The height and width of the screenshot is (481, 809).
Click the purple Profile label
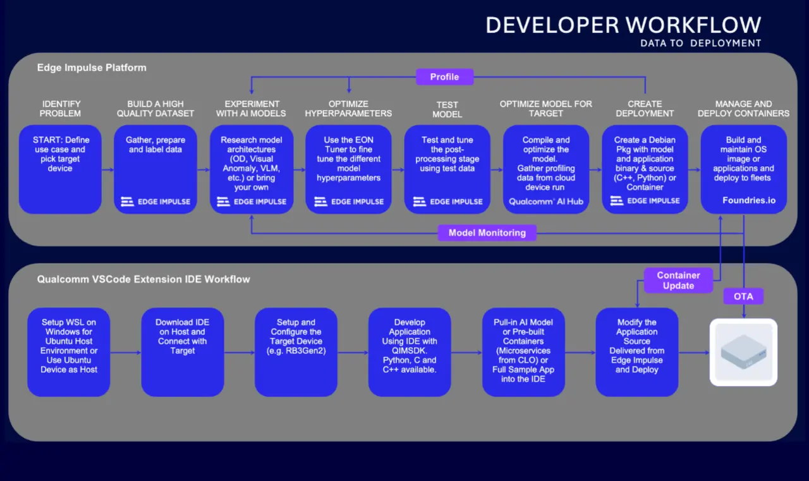tap(444, 77)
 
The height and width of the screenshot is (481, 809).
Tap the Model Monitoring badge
tap(487, 233)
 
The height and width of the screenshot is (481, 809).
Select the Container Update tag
tap(678, 280)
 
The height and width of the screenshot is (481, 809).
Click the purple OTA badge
tap(743, 296)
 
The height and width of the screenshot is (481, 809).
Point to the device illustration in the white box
tap(743, 352)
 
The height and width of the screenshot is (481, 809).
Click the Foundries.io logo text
tap(749, 200)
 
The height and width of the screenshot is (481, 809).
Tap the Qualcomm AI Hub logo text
tap(545, 202)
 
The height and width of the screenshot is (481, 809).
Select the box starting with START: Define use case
tap(60, 169)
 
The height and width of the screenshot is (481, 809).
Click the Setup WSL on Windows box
tap(69, 352)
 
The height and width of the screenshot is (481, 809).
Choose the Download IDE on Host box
tap(183, 352)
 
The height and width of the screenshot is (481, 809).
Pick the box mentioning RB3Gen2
tap(296, 352)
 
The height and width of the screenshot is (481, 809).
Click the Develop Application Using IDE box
tap(410, 352)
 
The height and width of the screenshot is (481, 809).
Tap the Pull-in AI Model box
tap(523, 352)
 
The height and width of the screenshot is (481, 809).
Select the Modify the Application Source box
tap(636, 352)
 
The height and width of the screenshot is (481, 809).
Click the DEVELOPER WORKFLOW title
tap(623, 25)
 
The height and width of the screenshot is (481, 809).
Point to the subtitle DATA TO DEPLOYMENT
tap(701, 44)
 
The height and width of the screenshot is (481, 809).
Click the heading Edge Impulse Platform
tap(92, 68)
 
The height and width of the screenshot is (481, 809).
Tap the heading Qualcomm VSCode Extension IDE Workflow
tap(143, 279)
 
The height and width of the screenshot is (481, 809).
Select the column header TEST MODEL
tap(447, 109)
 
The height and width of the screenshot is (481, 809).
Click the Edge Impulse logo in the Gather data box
tap(155, 202)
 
